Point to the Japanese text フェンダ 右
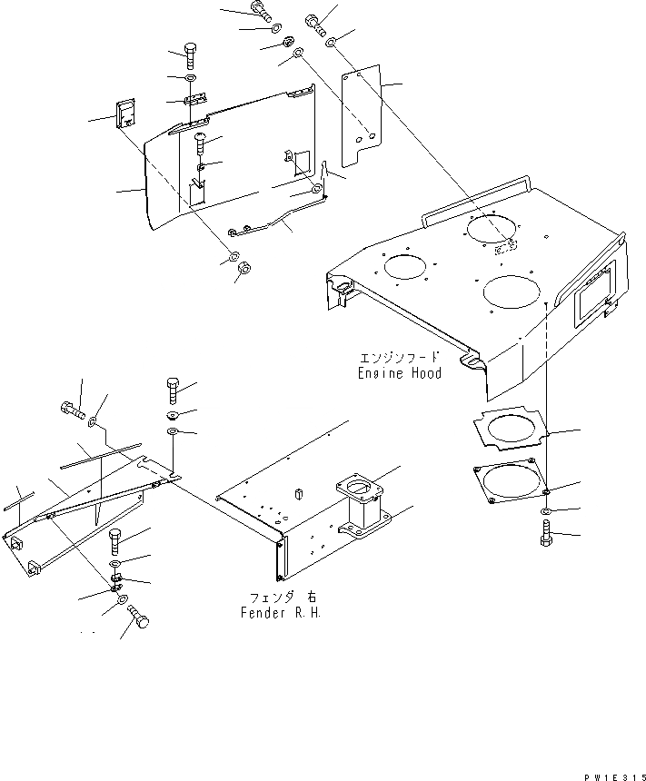point(275,597)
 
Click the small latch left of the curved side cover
point(124,115)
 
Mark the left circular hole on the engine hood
point(404,266)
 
